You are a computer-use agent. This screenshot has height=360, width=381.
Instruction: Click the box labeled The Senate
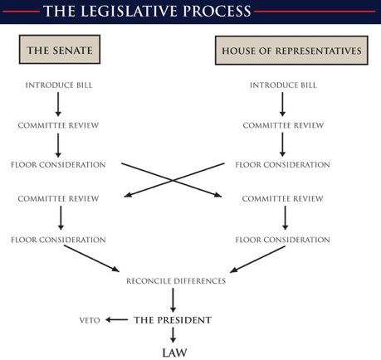(x=60, y=50)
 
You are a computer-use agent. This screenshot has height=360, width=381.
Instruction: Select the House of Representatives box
(x=291, y=51)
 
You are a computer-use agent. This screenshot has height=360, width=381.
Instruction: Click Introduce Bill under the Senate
(x=59, y=85)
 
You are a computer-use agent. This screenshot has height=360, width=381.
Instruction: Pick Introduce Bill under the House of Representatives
(x=283, y=85)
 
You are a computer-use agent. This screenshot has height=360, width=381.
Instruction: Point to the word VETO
(x=90, y=320)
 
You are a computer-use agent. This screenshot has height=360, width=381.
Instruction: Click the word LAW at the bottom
(x=174, y=353)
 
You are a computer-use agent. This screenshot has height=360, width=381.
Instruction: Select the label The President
(x=173, y=320)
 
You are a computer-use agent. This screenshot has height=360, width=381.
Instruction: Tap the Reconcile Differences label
(x=176, y=281)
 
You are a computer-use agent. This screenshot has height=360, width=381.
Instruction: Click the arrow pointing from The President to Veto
(x=117, y=320)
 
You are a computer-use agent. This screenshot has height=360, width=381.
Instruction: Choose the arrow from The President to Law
(x=173, y=335)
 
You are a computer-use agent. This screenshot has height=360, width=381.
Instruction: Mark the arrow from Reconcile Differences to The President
(x=173, y=300)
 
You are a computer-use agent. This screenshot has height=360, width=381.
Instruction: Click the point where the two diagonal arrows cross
(x=173, y=180)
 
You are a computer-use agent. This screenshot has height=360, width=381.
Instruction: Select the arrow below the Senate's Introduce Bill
(x=58, y=105)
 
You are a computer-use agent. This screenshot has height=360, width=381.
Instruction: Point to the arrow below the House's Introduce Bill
(x=282, y=105)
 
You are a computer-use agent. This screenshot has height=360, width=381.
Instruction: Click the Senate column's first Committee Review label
(x=58, y=125)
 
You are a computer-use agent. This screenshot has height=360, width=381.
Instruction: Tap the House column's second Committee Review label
(x=283, y=198)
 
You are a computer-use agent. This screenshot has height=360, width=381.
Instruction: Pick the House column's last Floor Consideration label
(x=283, y=240)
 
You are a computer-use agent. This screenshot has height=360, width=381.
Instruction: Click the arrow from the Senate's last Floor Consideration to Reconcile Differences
(x=91, y=259)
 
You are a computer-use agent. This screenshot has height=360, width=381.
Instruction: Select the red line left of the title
(x=21, y=12)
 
